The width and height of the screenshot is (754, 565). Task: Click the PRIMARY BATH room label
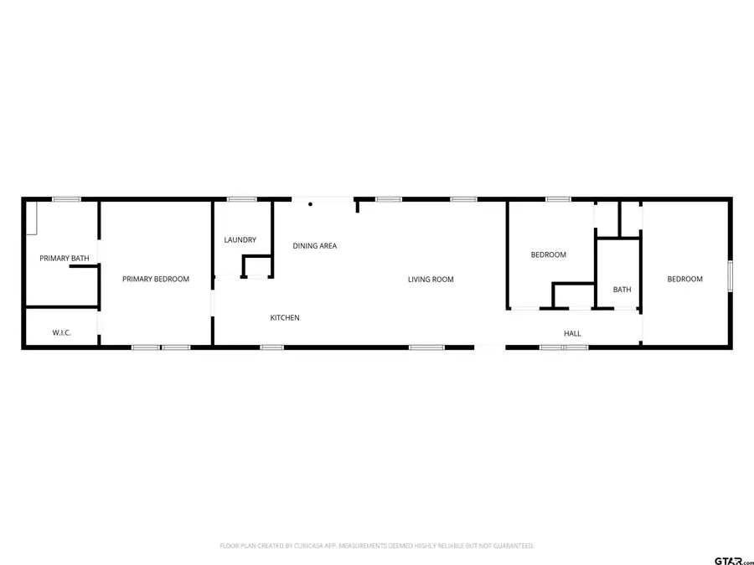[65, 259]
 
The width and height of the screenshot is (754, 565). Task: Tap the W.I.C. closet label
[62, 333]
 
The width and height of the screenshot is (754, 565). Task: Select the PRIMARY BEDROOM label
[156, 280]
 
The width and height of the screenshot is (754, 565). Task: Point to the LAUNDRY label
[240, 240]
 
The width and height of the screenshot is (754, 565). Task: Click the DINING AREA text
[314, 246]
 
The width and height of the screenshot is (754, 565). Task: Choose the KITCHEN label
[284, 318]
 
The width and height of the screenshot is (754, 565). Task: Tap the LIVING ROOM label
[431, 280]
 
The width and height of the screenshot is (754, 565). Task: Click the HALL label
[572, 334]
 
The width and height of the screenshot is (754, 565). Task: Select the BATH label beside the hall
[622, 290]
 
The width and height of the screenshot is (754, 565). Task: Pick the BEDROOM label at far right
[684, 280]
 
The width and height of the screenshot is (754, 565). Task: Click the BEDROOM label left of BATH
[549, 255]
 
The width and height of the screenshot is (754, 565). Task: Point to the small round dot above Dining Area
[310, 203]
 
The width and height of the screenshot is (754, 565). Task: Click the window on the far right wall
[730, 275]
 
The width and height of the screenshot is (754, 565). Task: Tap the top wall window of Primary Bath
[66, 199]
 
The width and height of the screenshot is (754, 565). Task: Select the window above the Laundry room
[241, 199]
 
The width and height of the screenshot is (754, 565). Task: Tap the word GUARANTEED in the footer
[508, 546]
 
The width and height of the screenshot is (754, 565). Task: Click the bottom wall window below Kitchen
[271, 347]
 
